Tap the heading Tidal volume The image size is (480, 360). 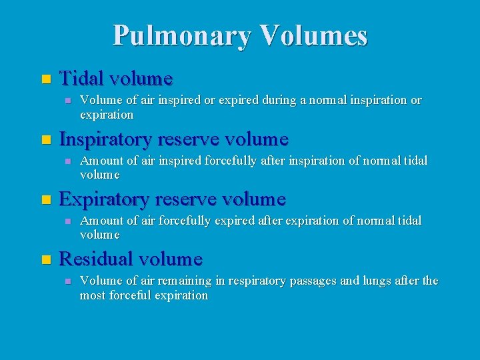[x=116, y=79]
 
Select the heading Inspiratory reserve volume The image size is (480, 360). [x=173, y=139]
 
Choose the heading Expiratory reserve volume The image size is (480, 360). [x=172, y=199]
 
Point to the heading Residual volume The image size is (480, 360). [x=131, y=259]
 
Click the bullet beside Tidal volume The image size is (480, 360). [x=45, y=79]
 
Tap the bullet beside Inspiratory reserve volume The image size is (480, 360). [x=45, y=140]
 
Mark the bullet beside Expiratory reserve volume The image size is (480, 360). [x=45, y=200]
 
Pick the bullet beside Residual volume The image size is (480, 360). [x=45, y=259]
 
